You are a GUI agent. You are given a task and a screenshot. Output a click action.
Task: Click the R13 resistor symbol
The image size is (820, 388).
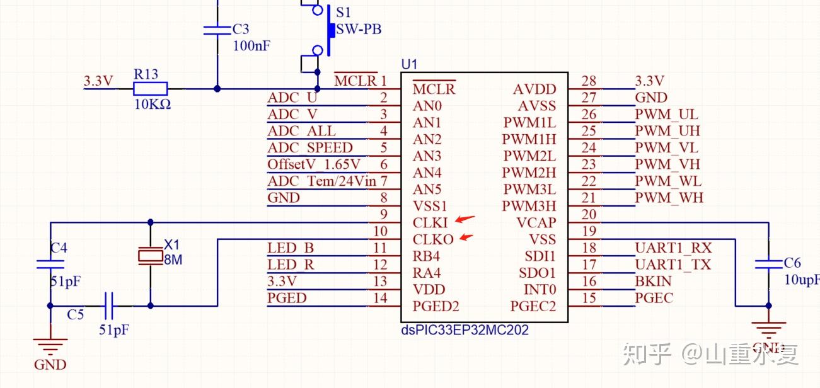coord(150,89)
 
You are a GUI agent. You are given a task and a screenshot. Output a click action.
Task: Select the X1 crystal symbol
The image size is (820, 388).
coord(151,256)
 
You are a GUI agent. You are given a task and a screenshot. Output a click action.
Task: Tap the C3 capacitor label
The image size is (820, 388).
coord(241,29)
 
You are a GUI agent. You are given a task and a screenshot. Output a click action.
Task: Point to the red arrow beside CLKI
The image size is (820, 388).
coord(465,219)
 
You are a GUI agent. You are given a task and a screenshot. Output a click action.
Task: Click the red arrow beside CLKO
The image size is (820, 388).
coord(466,237)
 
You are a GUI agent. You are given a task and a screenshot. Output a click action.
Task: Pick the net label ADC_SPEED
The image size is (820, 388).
coord(309,148)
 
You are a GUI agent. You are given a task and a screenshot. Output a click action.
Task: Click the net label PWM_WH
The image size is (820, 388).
coord(669,198)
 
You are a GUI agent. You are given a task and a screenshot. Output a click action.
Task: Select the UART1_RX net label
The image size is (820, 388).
coord(673,248)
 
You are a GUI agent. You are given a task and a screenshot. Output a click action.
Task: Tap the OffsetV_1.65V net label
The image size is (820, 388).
coord(314,164)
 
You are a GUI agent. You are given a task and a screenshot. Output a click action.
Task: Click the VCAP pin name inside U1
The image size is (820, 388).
coord(536,223)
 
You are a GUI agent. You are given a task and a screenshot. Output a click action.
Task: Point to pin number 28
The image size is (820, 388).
coord(589,81)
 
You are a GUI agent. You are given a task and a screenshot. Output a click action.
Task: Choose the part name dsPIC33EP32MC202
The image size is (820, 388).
coord(465,330)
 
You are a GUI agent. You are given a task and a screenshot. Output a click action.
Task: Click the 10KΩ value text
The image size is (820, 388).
coord(153,105)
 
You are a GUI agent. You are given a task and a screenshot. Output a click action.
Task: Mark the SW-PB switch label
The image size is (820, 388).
coord(359,29)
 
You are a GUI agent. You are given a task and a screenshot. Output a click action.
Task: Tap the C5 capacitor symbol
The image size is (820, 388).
coord(108,305)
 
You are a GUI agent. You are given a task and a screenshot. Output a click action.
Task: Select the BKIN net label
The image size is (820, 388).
coord(653,281)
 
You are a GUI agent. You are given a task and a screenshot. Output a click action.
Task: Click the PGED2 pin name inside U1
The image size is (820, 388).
coord(436,306)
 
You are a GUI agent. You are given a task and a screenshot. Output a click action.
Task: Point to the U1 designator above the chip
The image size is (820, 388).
coord(409,65)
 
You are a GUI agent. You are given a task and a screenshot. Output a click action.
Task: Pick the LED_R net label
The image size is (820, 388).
coord(291,265)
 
